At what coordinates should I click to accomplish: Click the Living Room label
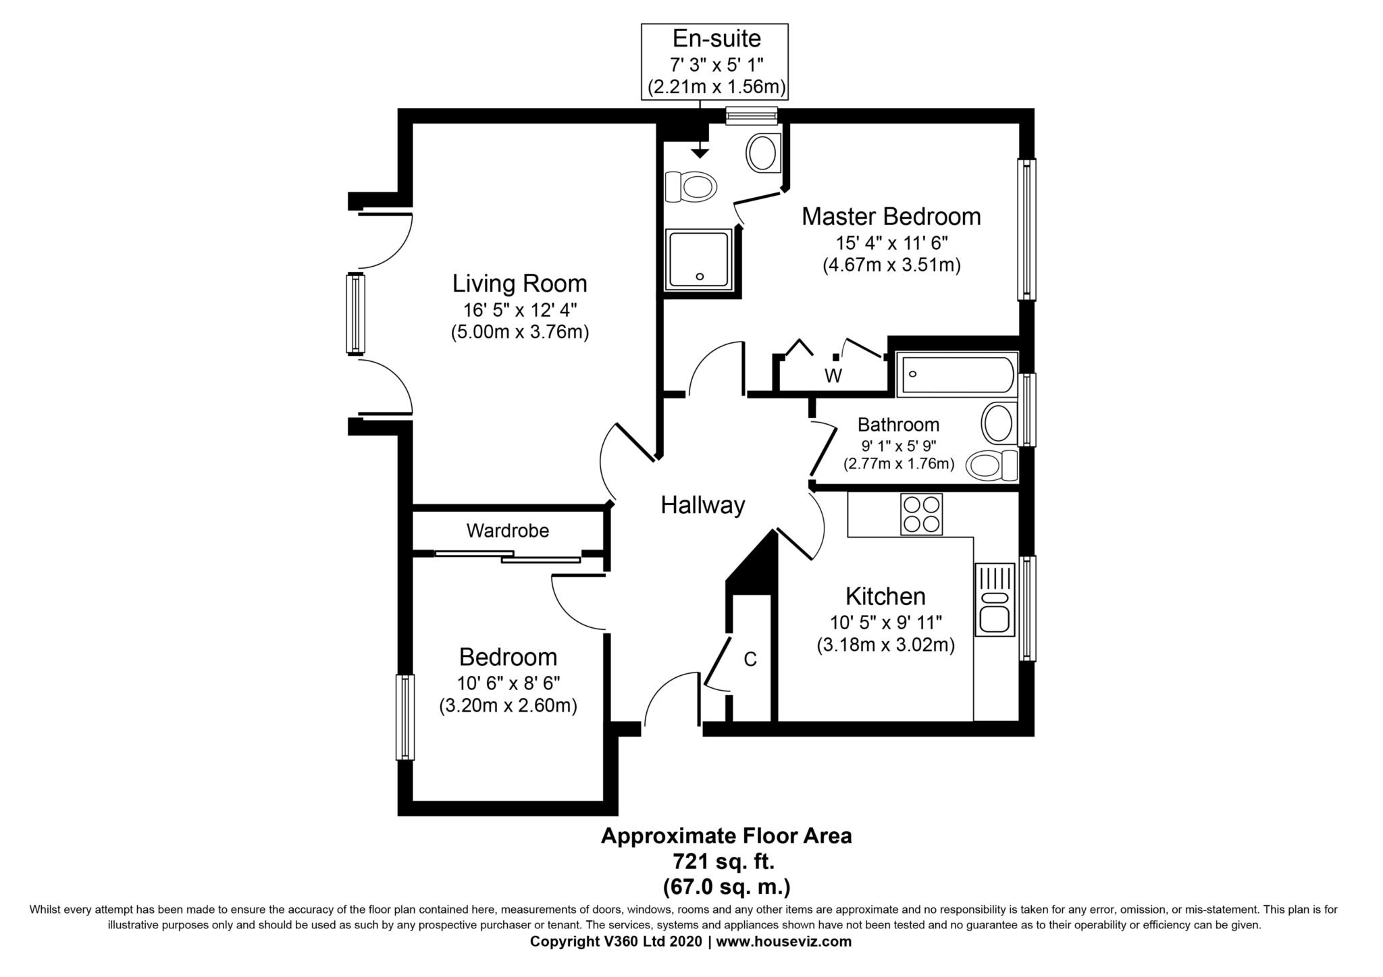(519, 284)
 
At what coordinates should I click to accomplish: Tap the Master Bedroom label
(891, 217)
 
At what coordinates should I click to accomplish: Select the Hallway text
(702, 505)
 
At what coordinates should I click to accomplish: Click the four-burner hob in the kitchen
(922, 514)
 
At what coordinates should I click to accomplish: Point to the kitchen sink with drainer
(995, 599)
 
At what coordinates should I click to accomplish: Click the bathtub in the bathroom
(956, 375)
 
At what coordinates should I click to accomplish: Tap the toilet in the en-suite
(690, 186)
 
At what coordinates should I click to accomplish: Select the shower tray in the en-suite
(698, 260)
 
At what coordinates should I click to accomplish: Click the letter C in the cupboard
(750, 659)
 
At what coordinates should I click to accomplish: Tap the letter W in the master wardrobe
(833, 376)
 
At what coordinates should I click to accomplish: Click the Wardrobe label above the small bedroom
(507, 531)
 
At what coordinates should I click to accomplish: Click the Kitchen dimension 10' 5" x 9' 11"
(885, 622)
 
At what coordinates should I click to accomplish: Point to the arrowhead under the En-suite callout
(700, 153)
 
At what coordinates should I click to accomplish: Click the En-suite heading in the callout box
(716, 39)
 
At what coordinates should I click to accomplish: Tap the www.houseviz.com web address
(783, 941)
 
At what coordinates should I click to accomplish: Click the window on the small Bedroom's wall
(405, 717)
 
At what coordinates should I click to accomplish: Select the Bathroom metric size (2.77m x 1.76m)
(898, 464)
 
